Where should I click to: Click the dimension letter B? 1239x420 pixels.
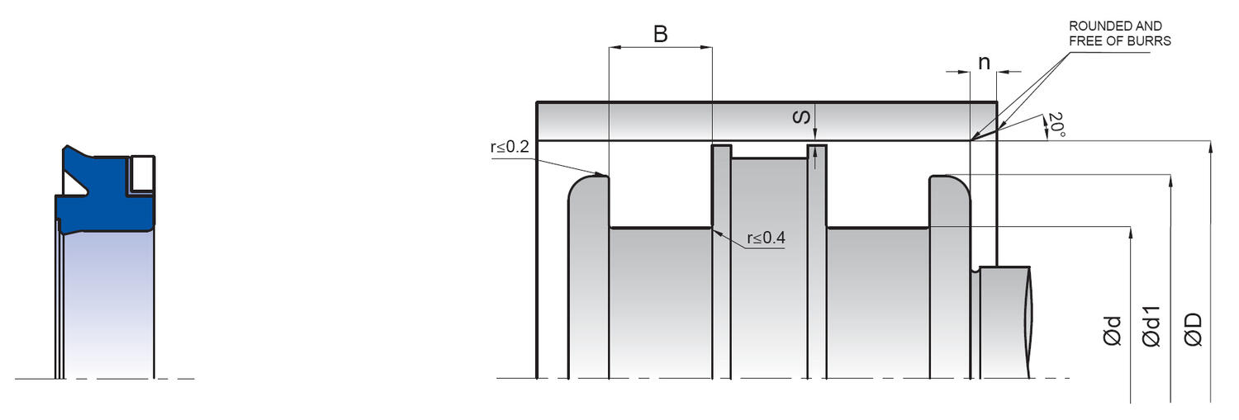[660, 35]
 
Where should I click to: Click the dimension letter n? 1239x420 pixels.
[984, 63]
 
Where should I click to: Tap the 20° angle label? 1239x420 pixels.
[1054, 125]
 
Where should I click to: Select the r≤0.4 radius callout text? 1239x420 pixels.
[766, 238]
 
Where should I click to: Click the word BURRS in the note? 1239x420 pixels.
[1152, 40]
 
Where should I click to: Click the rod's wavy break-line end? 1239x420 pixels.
[1029, 322]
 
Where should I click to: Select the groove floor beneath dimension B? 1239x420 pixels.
[660, 228]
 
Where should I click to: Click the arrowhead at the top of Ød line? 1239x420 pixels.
[1129, 232]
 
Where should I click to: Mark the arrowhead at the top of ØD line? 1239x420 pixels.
[1210, 147]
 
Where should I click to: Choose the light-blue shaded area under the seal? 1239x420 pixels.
[107, 305]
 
